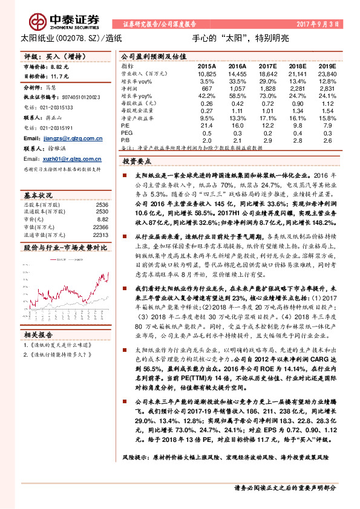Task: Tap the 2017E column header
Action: click(267, 65)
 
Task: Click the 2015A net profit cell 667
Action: click(208, 88)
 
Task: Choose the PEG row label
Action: click(126, 132)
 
